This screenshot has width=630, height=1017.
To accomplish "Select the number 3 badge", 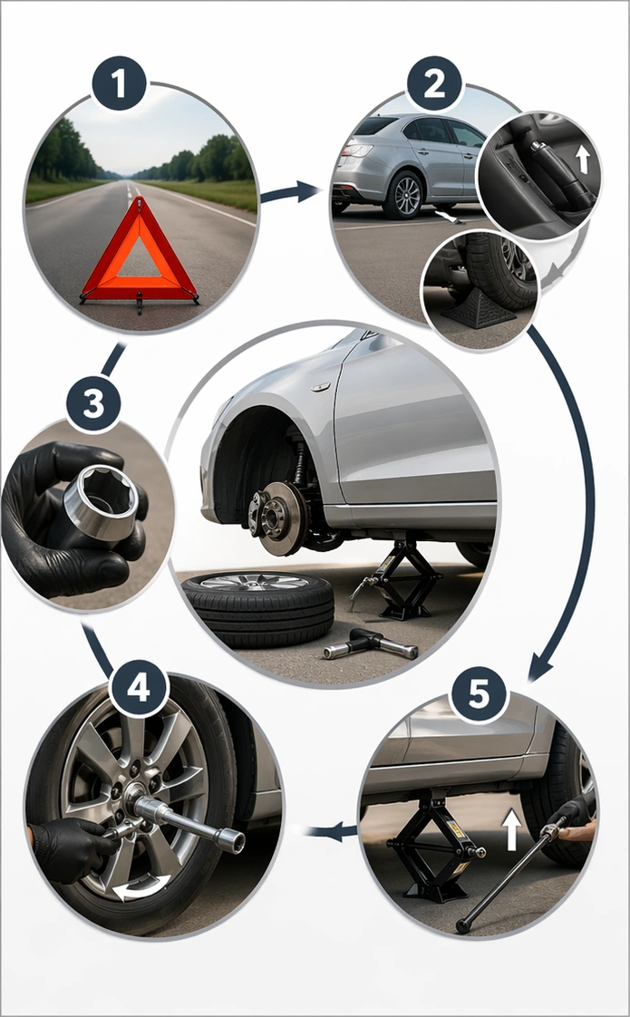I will coord(93,404).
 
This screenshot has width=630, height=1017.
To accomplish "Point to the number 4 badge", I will coord(138,690).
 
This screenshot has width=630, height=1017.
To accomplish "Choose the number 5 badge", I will coord(479,695).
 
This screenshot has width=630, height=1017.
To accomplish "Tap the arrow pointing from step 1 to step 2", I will coord(290,192).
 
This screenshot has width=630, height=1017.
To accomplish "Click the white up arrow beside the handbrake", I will coord(582,160).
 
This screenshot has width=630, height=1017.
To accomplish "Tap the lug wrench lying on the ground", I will coord(372,644).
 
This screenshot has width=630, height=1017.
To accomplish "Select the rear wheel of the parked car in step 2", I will coord(403,196).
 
